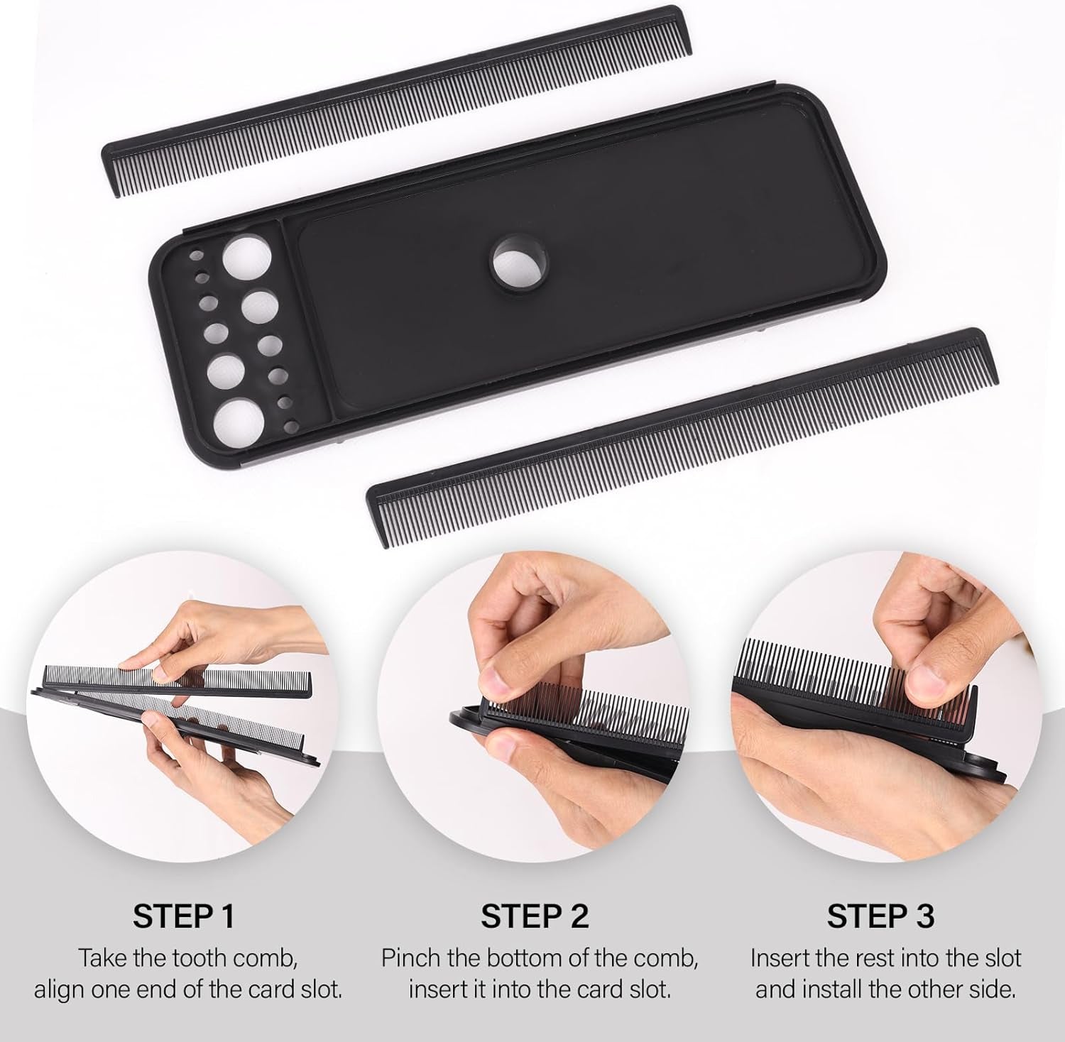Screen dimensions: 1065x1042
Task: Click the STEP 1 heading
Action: pyautogui.click(x=183, y=916)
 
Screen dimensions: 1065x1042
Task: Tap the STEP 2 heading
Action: pyautogui.click(x=535, y=916)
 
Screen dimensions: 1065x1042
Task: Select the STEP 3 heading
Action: pyautogui.click(x=880, y=916)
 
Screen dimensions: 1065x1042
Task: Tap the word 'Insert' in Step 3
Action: pyautogui.click(x=782, y=959)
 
